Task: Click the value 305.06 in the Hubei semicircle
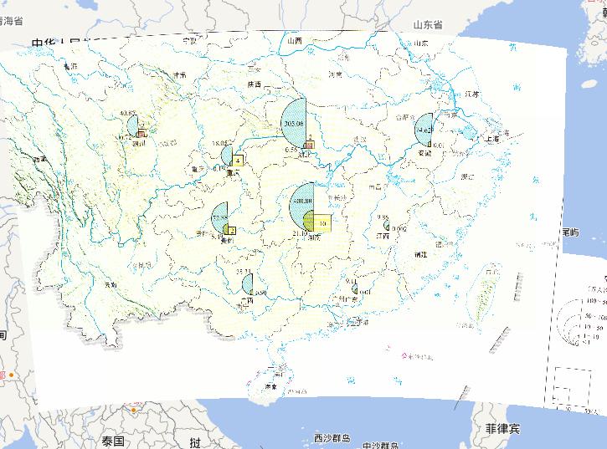(294, 124)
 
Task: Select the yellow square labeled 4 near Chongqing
(239, 161)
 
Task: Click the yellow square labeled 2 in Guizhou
(231, 231)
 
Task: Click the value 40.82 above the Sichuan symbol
(128, 114)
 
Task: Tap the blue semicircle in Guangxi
(248, 284)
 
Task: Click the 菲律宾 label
(502, 428)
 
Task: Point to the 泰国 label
(114, 441)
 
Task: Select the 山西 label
(294, 40)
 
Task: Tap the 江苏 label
(468, 94)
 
